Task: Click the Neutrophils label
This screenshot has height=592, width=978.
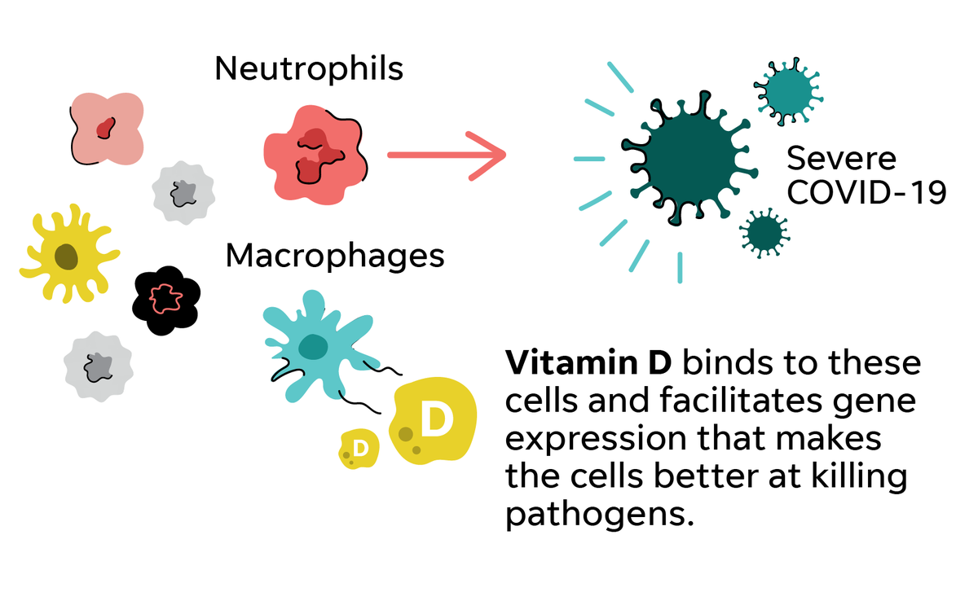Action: pyautogui.click(x=309, y=69)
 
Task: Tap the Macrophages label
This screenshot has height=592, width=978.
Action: pyautogui.click(x=335, y=256)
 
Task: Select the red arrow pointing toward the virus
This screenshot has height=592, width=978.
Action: pyautogui.click(x=445, y=154)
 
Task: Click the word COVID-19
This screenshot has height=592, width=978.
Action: pyautogui.click(x=866, y=193)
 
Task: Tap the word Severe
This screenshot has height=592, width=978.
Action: pyautogui.click(x=842, y=157)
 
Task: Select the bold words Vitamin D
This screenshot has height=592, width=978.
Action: pyautogui.click(x=588, y=362)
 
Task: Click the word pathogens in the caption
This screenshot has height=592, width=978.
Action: pyautogui.click(x=593, y=514)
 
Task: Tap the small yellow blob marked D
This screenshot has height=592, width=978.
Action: pyautogui.click(x=359, y=449)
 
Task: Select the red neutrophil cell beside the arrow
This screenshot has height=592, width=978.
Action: pyautogui.click(x=315, y=154)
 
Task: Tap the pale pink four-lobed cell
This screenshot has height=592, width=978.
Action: pyautogui.click(x=106, y=126)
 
